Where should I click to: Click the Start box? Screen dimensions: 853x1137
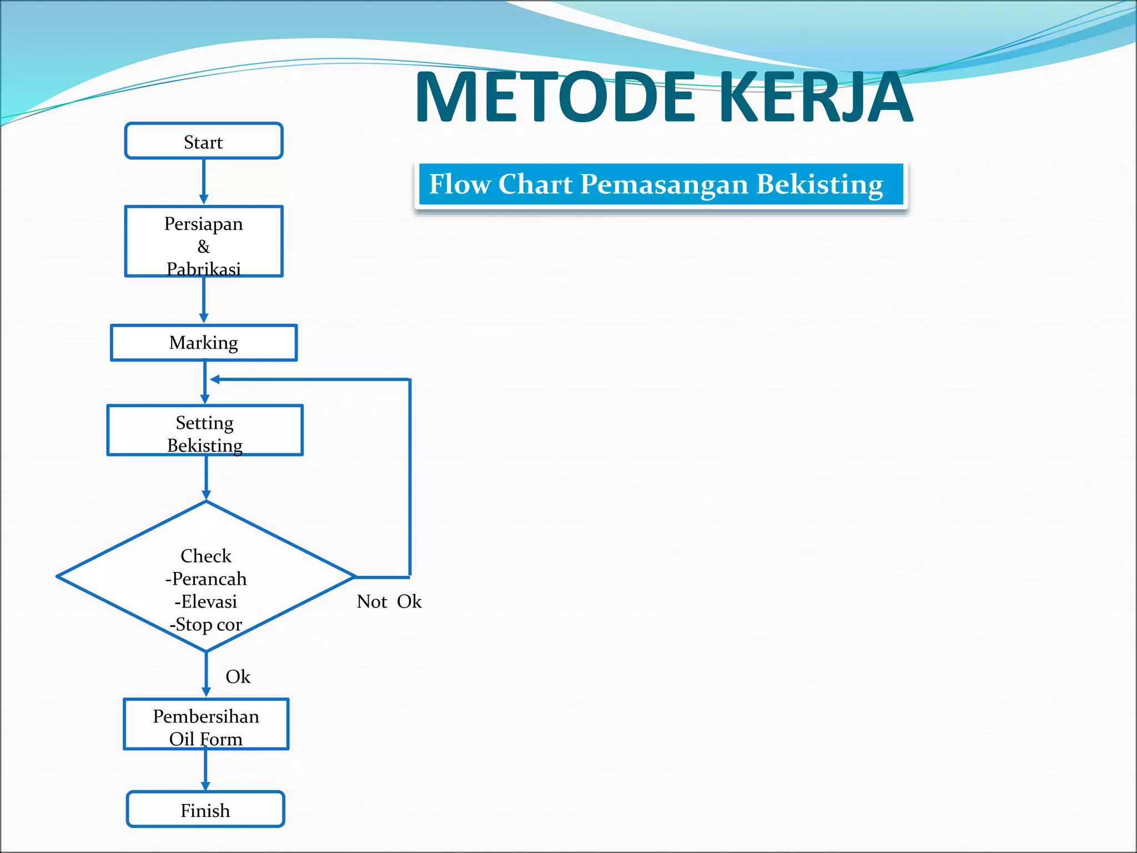pos(204,142)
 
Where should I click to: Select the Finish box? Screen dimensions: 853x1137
pos(205,810)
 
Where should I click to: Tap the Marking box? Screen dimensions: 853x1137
pos(204,343)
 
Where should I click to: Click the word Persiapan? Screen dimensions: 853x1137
pos(204,224)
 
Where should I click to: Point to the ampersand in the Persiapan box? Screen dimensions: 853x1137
pos(204,247)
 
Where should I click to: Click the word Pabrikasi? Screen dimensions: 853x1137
pos(204,269)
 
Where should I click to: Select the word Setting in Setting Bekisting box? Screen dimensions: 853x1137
pos(205,423)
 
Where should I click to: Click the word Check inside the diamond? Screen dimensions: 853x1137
pos(206,556)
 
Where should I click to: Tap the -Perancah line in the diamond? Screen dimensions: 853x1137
pos(206,579)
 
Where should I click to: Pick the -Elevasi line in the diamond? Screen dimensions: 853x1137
pos(206,601)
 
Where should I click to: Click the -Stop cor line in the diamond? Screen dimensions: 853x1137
pos(206,624)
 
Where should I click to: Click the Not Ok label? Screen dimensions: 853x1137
pos(389,601)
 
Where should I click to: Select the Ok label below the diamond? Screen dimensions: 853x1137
pos(238,676)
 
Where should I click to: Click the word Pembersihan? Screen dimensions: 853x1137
pos(206,716)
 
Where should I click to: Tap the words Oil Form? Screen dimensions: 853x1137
pos(206,739)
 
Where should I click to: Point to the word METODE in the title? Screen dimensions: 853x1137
pos(555,97)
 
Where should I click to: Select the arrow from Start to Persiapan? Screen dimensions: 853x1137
pos(204,181)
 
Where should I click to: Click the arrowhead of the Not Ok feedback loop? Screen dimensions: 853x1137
pos(215,379)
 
